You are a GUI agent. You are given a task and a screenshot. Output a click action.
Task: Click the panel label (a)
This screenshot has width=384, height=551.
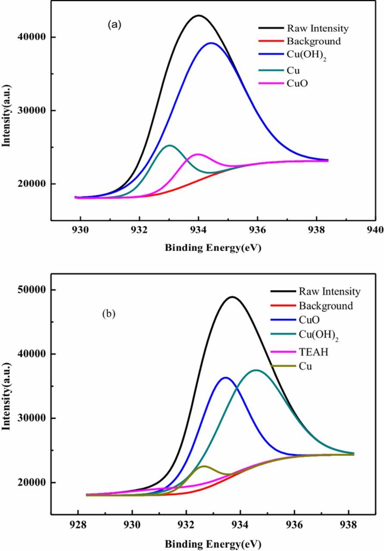115,25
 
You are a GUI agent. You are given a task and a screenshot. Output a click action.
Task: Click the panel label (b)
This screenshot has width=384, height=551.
109,313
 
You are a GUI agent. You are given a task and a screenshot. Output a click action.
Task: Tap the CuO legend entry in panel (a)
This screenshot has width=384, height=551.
297,83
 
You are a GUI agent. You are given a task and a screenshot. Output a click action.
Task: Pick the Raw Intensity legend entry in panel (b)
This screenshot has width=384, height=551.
329,291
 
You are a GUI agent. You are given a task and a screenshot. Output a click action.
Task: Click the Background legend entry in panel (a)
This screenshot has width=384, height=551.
313,41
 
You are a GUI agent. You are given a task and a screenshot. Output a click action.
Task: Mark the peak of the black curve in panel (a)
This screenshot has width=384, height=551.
198,15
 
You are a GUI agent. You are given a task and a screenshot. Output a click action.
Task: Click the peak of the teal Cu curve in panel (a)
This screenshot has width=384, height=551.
169,145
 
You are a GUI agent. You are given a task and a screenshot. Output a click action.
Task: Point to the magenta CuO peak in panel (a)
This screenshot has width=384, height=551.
198,154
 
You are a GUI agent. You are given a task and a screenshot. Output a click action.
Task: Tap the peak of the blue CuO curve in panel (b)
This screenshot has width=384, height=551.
225,377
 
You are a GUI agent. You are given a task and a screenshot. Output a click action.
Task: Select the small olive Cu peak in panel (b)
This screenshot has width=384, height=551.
203,466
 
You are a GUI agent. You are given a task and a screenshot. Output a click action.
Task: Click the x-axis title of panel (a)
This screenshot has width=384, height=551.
213,248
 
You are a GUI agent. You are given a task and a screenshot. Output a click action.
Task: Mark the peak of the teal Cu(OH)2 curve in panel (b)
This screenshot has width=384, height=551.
256,370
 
